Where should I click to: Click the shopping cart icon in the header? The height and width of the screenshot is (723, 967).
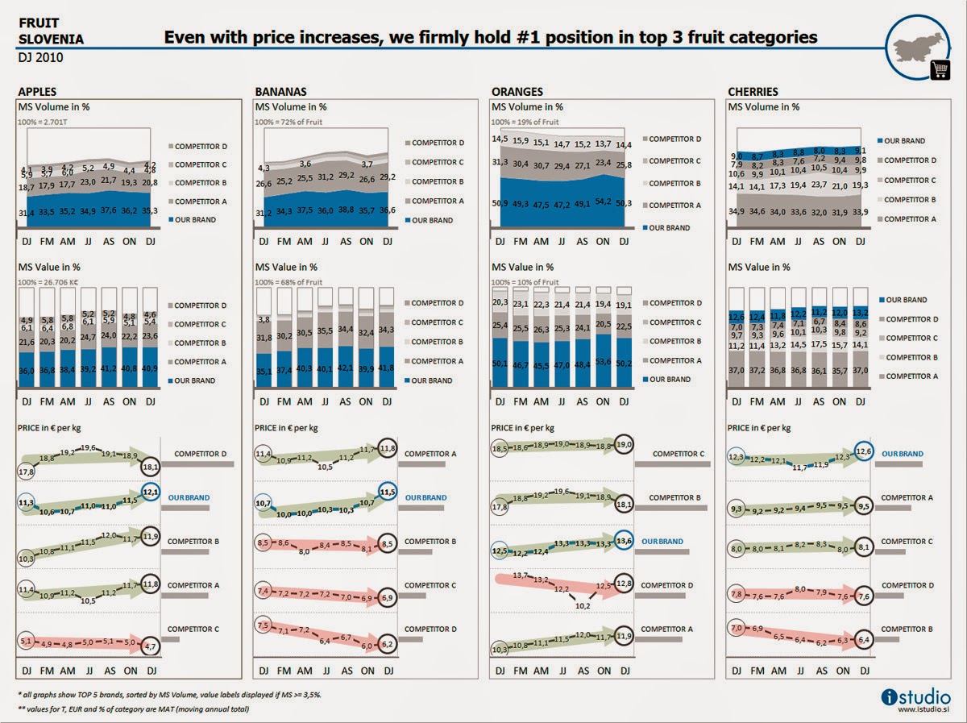[940, 69]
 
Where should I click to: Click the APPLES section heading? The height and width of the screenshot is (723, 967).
[37, 91]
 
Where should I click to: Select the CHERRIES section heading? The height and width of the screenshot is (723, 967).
[753, 91]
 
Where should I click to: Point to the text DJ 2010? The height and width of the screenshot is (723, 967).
[40, 58]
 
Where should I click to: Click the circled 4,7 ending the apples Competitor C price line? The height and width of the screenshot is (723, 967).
[148, 646]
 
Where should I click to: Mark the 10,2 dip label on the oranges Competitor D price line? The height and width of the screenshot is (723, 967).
[581, 606]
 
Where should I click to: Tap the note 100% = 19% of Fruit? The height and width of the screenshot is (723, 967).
[525, 122]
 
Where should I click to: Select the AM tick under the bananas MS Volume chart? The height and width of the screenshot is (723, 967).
[305, 241]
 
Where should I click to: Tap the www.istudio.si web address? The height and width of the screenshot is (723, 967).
[924, 708]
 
